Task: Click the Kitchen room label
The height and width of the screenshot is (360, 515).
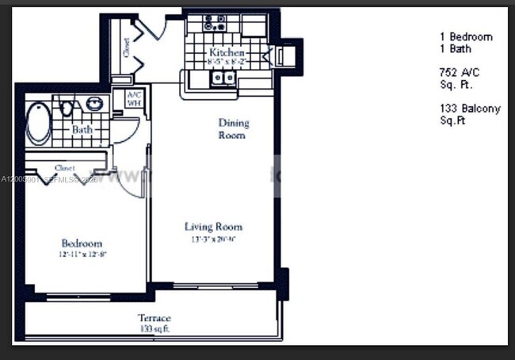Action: [226, 52]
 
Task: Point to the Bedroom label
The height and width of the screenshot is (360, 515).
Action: [82, 243]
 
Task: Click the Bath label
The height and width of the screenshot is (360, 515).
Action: [82, 128]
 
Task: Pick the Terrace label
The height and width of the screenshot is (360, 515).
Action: [154, 318]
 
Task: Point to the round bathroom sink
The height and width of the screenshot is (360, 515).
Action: [94, 104]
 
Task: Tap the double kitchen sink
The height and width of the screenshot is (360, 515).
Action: [222, 78]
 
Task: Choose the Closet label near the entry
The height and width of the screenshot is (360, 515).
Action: [127, 48]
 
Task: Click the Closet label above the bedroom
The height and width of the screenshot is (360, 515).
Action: [65, 167]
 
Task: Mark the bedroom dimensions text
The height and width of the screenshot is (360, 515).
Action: [82, 254]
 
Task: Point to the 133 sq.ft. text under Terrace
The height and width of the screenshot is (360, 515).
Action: [154, 328]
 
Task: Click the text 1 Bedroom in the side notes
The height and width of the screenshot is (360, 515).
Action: [466, 36]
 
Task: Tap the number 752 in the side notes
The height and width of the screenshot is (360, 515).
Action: [448, 72]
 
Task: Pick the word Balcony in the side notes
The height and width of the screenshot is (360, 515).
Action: [480, 109]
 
